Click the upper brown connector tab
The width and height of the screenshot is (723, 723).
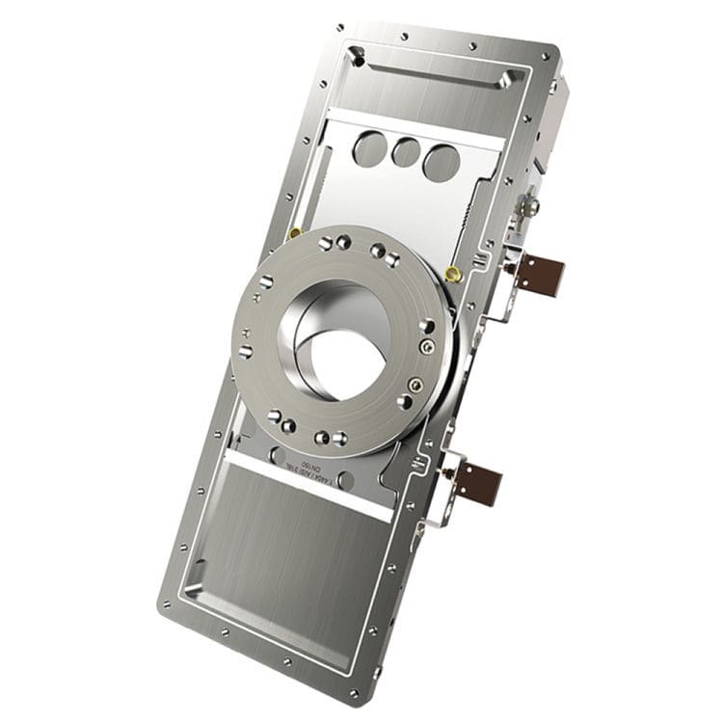[540, 272]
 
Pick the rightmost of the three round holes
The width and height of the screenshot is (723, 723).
[441, 161]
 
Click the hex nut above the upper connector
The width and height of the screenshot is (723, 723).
[530, 205]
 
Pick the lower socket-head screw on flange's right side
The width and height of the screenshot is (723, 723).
[414, 386]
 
